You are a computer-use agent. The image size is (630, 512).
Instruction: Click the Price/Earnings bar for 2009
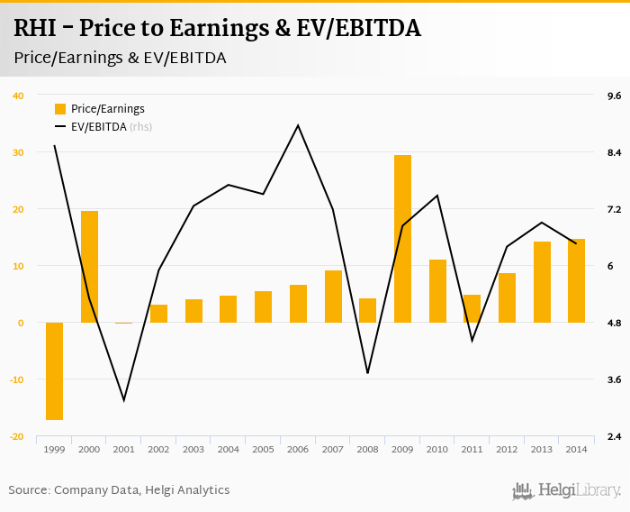click(x=402, y=239)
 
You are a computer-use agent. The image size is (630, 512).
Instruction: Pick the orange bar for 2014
click(x=576, y=280)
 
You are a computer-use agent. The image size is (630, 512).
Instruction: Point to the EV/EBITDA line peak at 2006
click(x=298, y=125)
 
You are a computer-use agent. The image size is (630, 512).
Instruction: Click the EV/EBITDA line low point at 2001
click(x=124, y=400)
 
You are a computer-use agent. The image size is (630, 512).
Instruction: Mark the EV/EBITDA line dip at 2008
click(x=367, y=372)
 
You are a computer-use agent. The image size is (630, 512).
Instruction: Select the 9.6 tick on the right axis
click(x=615, y=96)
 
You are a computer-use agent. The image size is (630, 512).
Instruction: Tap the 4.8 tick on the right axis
click(x=615, y=323)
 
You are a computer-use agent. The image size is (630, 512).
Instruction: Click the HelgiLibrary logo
click(x=567, y=490)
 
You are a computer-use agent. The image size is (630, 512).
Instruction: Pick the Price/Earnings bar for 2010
click(x=437, y=290)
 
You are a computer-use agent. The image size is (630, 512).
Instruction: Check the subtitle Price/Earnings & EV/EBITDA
click(x=120, y=58)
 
